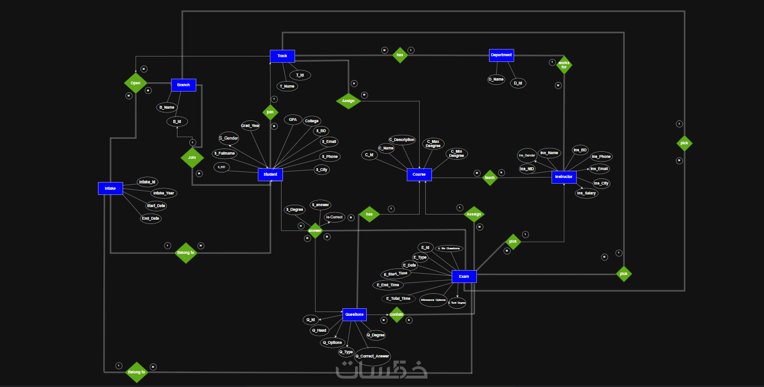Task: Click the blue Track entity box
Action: click(282, 56)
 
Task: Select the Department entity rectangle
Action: click(501, 55)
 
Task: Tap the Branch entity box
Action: click(184, 85)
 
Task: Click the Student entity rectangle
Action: click(270, 174)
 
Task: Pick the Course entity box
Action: click(419, 174)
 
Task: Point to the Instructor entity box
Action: click(564, 177)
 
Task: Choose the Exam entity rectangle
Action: click(464, 276)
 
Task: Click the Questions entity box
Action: click(355, 314)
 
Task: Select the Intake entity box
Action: click(111, 188)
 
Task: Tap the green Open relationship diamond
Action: click(135, 83)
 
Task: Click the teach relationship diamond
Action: click(490, 178)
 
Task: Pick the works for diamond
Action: click(564, 65)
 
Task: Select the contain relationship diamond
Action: click(396, 314)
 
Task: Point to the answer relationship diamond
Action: click(315, 231)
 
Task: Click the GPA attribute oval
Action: click(293, 120)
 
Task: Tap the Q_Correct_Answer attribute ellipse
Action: click(372, 357)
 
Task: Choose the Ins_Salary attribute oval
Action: click(586, 193)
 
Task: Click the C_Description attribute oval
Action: click(402, 140)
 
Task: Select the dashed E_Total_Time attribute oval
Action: click(398, 298)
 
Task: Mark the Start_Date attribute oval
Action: click(156, 206)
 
